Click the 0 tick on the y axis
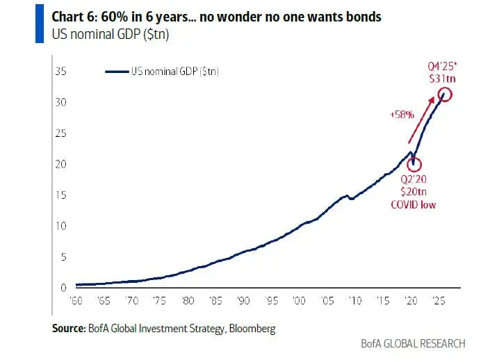click(x=63, y=288)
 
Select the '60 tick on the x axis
click(x=77, y=302)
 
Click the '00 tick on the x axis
click(x=299, y=302)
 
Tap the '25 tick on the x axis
click(x=438, y=302)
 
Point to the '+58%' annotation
click(x=402, y=114)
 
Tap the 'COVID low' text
click(x=414, y=204)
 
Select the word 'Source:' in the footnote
click(x=68, y=329)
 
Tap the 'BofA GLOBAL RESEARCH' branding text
click(x=413, y=343)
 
